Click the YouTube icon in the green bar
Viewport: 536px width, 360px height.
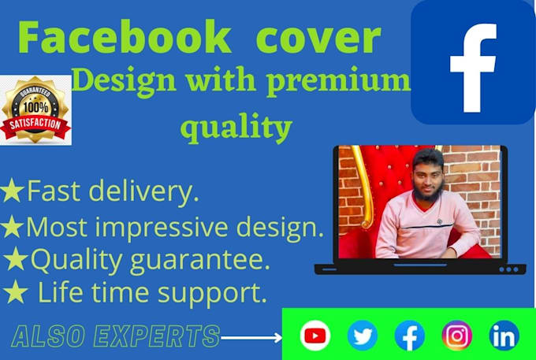(x=315, y=336)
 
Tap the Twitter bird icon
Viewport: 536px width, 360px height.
(x=363, y=336)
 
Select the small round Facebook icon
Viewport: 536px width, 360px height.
(x=410, y=336)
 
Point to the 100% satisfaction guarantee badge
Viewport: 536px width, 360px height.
(x=35, y=110)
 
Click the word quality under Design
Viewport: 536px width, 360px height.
(x=236, y=126)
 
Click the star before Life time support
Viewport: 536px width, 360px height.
(x=15, y=293)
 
